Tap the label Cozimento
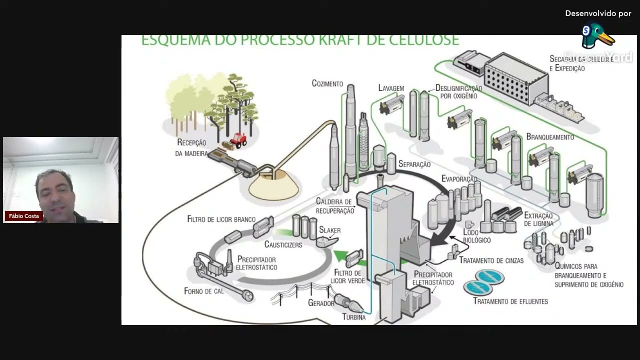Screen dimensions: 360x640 [327, 83]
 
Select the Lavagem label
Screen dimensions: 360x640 [391, 88]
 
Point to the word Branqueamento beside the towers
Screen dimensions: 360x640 [550, 137]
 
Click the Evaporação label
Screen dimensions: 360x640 [459, 179]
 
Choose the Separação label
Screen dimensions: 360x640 [414, 164]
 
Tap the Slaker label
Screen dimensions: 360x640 [330, 230]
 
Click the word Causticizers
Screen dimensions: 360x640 [283, 244]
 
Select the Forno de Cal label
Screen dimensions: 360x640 [203, 291]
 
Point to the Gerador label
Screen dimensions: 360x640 [321, 303]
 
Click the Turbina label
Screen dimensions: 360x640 [354, 317]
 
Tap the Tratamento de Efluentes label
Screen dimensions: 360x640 [510, 301]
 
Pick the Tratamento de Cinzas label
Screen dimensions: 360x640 [491, 260]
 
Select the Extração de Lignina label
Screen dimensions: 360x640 [538, 219]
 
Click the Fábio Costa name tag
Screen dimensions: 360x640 [24, 216]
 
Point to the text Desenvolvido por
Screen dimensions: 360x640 [598, 13]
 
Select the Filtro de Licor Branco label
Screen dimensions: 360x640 [221, 219]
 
